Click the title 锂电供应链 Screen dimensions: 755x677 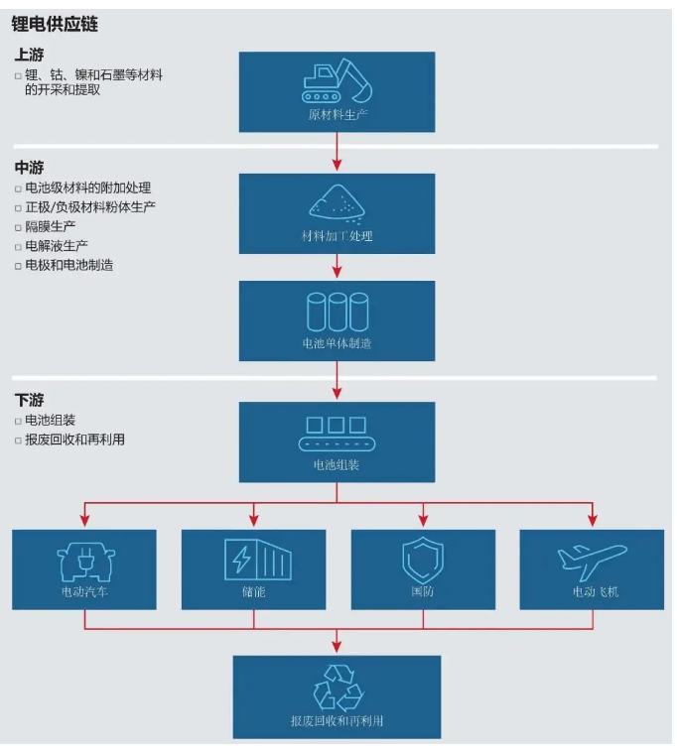55,22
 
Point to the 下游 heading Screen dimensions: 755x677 29,400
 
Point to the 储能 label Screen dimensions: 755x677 253,592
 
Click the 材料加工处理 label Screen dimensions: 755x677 338,236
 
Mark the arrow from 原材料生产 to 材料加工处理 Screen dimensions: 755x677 338,151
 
